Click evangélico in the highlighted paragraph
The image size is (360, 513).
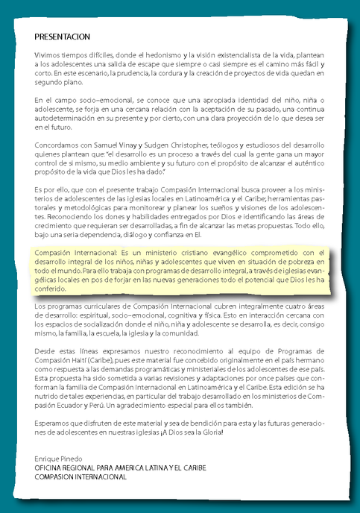coord(225,254)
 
